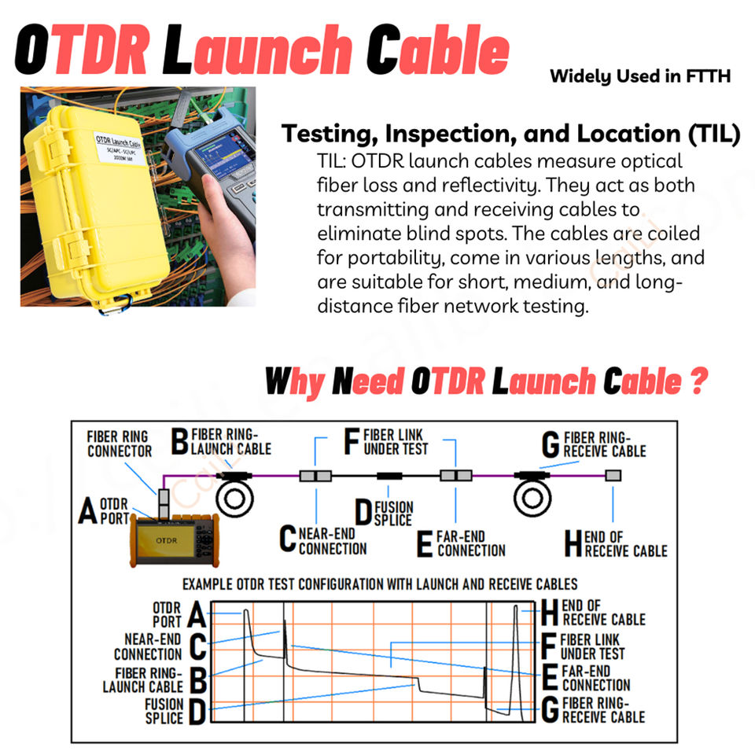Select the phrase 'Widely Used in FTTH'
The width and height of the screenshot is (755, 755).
tap(640, 76)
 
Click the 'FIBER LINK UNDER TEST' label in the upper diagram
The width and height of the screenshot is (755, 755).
tap(396, 441)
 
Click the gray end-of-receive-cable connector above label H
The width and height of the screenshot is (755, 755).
tap(613, 475)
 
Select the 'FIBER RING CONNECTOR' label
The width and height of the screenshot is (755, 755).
tap(119, 444)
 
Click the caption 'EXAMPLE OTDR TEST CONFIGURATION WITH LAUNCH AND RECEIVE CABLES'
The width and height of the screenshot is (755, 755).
tap(380, 584)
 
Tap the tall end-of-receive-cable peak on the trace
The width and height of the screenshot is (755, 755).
tap(517, 629)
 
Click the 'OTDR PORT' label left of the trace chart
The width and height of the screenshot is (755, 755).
tap(167, 614)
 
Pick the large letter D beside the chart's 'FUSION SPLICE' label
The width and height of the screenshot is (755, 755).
tap(196, 712)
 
